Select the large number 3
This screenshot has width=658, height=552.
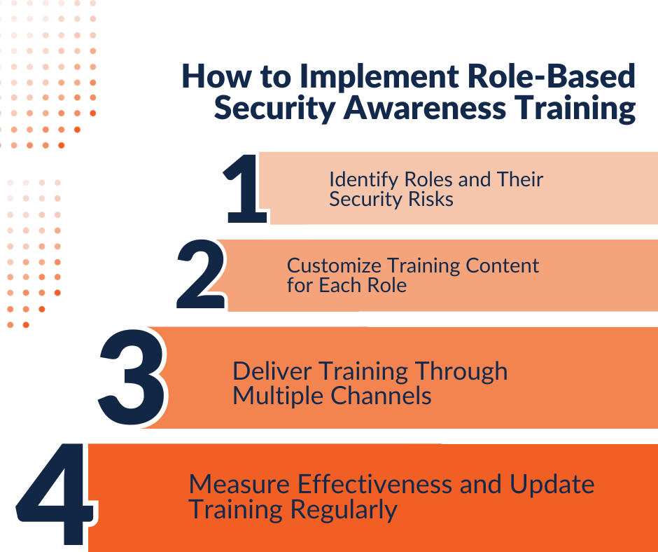132,377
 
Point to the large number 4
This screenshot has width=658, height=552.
55,494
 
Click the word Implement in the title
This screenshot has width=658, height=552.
379,77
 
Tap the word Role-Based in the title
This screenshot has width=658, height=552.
552,76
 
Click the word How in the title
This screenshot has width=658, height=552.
216,76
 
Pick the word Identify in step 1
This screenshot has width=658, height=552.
364,180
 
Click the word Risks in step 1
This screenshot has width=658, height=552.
431,199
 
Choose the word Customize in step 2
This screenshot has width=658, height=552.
334,266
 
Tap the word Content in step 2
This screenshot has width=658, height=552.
502,265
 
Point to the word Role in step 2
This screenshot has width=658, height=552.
387,286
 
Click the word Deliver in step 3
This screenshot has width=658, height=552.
272,371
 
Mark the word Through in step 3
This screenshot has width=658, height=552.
461,372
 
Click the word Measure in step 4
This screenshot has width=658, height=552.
239,484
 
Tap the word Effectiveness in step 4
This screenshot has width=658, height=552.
374,483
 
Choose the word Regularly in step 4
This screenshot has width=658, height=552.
344,511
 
